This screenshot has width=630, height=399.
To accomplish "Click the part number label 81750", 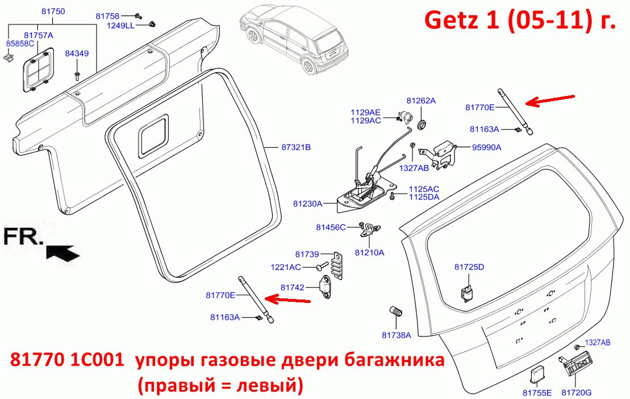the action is (53, 12).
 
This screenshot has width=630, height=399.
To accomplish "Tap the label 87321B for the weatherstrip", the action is (296, 147).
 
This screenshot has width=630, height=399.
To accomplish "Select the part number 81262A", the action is (421, 101).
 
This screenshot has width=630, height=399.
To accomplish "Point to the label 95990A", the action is (487, 147).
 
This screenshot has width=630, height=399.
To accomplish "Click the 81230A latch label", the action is (308, 203).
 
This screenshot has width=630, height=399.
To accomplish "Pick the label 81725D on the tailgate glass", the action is (469, 267).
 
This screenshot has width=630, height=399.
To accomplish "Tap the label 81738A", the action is (397, 335).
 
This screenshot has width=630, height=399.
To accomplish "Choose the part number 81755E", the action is (537, 393).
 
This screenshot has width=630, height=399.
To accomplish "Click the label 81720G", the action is (577, 393).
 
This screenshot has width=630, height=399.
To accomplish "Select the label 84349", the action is (77, 53).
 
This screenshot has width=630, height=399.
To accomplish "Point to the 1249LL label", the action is (120, 26).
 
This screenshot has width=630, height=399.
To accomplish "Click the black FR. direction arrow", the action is (63, 253).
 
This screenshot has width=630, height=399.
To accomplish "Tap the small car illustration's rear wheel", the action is (308, 65).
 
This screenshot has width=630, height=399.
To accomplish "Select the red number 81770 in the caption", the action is (37, 360).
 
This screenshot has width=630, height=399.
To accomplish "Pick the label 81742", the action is (293, 288).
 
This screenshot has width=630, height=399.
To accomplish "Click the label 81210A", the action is (370, 253).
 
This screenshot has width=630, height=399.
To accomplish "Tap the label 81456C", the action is (331, 227).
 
